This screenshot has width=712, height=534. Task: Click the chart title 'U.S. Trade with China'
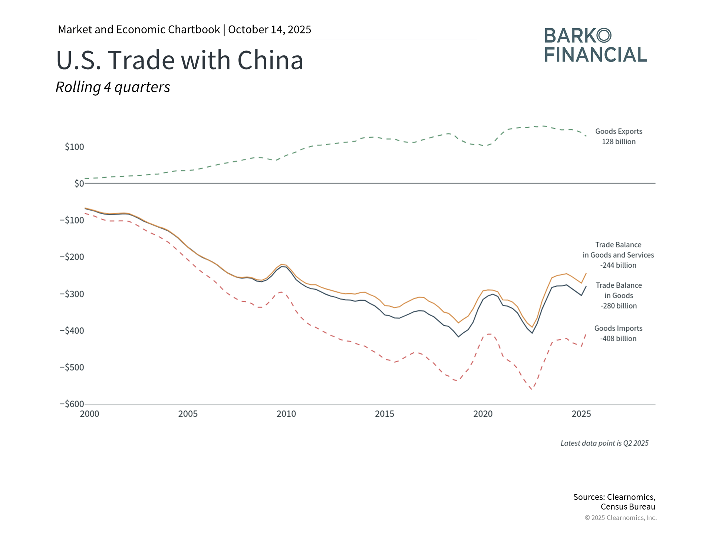point(179,60)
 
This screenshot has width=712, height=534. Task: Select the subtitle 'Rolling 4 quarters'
point(113,87)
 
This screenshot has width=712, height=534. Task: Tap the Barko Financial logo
point(596,45)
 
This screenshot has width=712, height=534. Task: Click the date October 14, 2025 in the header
point(270,30)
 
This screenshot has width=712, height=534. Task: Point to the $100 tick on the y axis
point(74,147)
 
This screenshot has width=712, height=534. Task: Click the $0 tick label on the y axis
point(79,184)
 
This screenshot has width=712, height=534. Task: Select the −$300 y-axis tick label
point(72,294)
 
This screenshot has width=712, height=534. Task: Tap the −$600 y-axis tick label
point(72,404)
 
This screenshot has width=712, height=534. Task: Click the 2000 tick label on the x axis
point(89,414)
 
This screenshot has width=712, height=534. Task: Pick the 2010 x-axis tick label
point(286,414)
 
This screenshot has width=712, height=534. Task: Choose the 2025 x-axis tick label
point(581,414)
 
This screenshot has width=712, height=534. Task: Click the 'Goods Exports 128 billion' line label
point(619,136)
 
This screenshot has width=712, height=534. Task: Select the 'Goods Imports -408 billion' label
point(618,333)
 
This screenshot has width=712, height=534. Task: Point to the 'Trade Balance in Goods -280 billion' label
point(619,296)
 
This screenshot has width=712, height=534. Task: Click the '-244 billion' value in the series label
point(618,266)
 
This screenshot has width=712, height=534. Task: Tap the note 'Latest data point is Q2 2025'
point(604,443)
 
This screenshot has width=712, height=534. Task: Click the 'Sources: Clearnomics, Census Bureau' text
point(614,502)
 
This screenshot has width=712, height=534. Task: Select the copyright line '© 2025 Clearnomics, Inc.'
point(620,518)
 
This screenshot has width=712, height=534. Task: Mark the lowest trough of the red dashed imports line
point(532,389)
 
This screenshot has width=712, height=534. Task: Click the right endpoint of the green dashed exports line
point(586,136)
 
